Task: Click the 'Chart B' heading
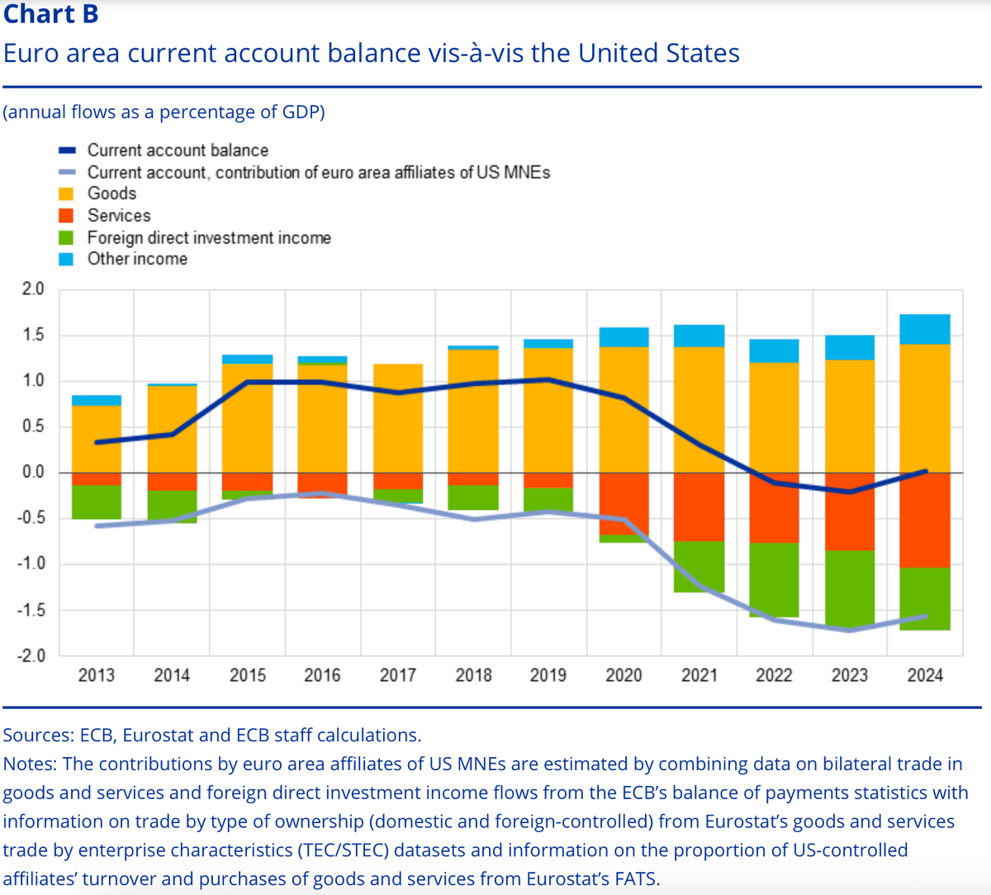coord(51,14)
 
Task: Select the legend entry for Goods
coord(111,193)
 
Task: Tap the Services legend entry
coord(119,216)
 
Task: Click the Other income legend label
coord(137,259)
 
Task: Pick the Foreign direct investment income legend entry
coord(209,238)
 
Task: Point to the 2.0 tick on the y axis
coord(33,289)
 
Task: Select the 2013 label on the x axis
coord(97,675)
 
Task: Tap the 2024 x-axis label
coord(925,675)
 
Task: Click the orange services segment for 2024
coord(925,521)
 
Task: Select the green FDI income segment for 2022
coord(774,579)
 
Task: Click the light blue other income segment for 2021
coord(699,336)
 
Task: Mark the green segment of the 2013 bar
coord(97,502)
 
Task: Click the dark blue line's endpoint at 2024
coord(925,471)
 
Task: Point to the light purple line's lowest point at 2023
coord(850,631)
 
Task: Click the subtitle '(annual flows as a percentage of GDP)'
coord(164,112)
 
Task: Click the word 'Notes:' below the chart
coord(31,764)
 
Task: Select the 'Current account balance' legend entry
coord(178,150)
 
